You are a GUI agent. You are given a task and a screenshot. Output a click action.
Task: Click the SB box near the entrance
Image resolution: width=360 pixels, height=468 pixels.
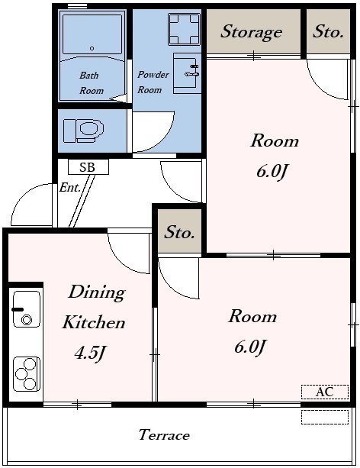click(x=88, y=167)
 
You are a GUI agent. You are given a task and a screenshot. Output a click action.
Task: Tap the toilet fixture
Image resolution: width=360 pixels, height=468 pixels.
click(x=84, y=131)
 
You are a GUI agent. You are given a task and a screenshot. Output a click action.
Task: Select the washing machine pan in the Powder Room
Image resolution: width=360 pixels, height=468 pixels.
click(x=184, y=29)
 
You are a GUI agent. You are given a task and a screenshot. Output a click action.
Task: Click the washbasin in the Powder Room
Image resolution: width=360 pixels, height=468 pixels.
click(x=187, y=73)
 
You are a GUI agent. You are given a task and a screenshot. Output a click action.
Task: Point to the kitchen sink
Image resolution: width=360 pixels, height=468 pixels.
click(x=27, y=309)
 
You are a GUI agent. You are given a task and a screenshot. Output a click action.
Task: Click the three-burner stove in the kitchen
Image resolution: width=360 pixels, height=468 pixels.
click(x=27, y=374)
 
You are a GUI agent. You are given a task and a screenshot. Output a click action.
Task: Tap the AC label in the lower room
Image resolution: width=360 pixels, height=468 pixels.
click(x=325, y=392)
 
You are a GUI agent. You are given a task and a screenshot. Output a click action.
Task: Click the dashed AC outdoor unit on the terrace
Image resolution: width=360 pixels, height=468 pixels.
click(x=325, y=417)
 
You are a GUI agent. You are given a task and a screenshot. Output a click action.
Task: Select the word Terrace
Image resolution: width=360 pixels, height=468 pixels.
click(x=164, y=435)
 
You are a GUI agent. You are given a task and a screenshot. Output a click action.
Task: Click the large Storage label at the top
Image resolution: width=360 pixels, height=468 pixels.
click(x=252, y=31)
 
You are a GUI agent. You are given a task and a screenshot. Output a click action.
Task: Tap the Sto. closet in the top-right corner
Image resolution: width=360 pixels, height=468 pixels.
click(x=328, y=31)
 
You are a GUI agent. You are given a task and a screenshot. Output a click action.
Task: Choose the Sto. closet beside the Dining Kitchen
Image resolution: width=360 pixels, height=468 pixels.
click(x=179, y=231)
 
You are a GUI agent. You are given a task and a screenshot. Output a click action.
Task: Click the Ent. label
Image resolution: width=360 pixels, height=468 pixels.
click(x=70, y=188)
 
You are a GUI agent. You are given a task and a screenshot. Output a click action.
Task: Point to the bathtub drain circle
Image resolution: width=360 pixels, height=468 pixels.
click(x=92, y=48)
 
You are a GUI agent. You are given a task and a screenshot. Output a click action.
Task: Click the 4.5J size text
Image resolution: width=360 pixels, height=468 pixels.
click(x=90, y=353)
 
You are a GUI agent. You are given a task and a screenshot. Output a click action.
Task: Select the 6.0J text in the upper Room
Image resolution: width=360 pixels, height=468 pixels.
click(x=273, y=171)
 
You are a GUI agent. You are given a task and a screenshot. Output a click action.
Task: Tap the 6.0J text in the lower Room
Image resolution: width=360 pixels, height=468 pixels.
click(x=250, y=347)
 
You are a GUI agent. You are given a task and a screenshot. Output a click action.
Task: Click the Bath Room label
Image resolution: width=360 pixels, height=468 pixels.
click(x=92, y=82)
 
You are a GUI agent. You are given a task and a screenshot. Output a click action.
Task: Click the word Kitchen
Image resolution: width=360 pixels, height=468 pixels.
click(x=94, y=323)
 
